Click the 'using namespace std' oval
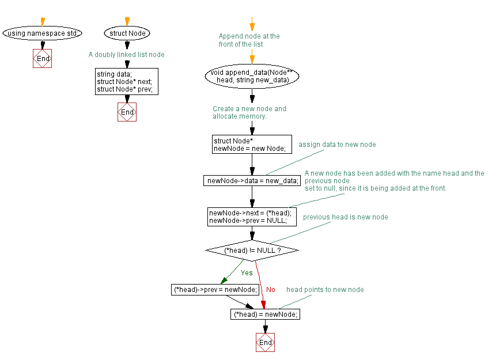[42, 33]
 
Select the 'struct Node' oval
[127, 33]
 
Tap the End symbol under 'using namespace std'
[43, 59]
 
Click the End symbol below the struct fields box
[127, 112]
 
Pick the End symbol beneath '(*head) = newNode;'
[265, 343]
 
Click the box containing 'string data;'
[127, 82]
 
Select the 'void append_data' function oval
[252, 76]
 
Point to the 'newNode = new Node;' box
[249, 145]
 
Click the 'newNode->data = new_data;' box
[252, 181]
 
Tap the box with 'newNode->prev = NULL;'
[252, 217]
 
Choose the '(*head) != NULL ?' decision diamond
[252, 251]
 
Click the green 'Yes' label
[247, 273]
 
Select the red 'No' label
[271, 290]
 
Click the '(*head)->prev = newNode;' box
[215, 290]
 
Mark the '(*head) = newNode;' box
[265, 314]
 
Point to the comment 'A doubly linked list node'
[126, 55]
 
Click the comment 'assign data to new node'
[337, 145]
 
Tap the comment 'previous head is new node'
[345, 217]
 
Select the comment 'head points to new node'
[325, 290]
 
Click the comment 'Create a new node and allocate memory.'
[249, 112]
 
